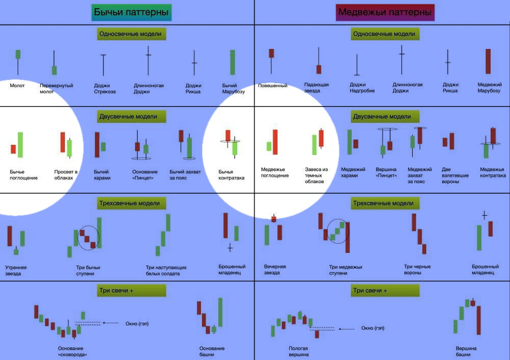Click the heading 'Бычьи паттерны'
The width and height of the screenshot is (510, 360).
click(132, 12)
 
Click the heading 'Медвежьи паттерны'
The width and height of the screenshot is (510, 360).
click(385, 12)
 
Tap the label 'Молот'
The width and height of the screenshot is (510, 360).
click(17, 86)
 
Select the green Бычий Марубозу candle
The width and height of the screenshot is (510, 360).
click(233, 62)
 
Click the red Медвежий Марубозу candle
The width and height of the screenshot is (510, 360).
click(488, 62)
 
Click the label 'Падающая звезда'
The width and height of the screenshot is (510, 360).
click(317, 88)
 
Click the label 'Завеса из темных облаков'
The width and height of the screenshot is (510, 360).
click(317, 175)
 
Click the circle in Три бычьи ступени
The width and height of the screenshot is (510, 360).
click(88, 237)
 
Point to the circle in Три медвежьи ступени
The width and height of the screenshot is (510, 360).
click(337, 231)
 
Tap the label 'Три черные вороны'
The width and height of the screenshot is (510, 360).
click(417, 269)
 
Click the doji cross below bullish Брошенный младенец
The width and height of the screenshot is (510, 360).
click(230, 248)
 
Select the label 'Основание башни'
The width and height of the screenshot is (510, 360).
click(212, 351)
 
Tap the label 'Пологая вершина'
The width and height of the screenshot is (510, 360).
click(298, 351)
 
